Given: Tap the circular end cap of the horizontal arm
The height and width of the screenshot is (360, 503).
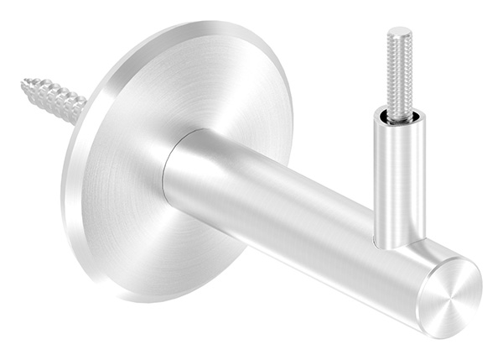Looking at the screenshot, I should [x=450, y=295].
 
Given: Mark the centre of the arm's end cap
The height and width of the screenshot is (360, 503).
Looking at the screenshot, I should [x=450, y=295].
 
